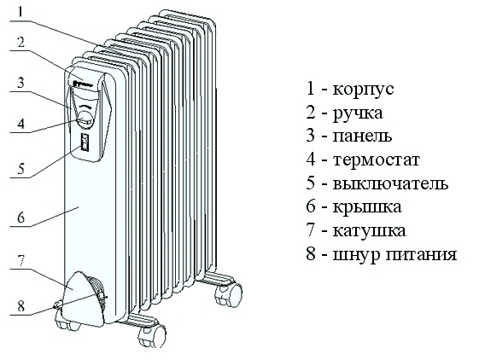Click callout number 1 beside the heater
(x=20, y=12)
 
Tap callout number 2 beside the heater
(x=20, y=42)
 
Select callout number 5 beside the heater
(x=20, y=169)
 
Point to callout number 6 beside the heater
(x=20, y=218)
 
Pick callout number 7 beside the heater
(x=20, y=261)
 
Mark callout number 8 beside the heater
(x=20, y=306)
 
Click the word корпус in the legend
(x=363, y=90)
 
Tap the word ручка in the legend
(x=358, y=113)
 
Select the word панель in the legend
(x=362, y=136)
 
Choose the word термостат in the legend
(x=376, y=160)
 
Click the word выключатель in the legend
(x=390, y=183)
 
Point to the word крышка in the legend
(x=367, y=207)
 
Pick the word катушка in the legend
(x=369, y=231)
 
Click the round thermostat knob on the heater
(x=85, y=119)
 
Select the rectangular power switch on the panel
(x=85, y=142)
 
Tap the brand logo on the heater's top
(x=82, y=84)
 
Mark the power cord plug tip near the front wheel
(x=56, y=306)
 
